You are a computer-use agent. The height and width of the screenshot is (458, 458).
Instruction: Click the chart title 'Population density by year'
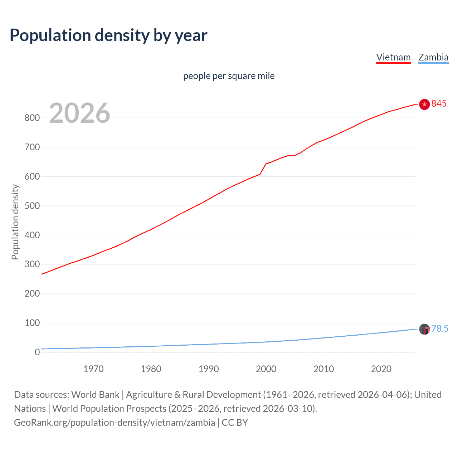point(108,35)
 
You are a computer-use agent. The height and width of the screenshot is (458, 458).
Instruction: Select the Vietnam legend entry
point(393,57)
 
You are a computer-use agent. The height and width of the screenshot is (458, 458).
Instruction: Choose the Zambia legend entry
point(433,57)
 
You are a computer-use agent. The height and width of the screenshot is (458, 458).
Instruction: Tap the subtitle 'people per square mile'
point(229,76)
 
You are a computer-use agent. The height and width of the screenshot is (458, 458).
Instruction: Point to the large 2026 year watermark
point(79,113)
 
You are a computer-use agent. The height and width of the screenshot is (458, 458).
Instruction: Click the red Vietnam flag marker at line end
point(424,104)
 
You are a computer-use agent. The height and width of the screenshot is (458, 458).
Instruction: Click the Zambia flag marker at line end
point(424,329)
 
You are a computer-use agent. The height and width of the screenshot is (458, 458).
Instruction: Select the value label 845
point(439,103)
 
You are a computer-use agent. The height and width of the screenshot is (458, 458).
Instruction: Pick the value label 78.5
point(440,328)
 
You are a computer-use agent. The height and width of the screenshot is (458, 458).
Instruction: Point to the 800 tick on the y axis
point(32,118)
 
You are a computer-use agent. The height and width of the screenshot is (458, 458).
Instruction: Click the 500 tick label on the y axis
point(32,206)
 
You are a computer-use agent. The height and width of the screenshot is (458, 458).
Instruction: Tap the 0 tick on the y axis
point(37,352)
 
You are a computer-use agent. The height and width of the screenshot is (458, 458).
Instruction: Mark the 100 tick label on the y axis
point(32,323)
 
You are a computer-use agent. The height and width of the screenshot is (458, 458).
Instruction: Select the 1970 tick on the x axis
point(93,369)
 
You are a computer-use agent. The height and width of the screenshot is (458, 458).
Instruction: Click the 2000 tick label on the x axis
point(266,369)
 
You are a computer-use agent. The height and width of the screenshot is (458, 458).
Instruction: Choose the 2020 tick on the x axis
point(381,369)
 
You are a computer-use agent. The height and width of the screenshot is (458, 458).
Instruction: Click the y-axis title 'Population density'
point(15,222)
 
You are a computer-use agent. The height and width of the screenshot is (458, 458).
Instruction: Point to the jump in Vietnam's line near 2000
point(263,169)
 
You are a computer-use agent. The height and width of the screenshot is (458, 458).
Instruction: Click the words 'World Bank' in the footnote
point(95,395)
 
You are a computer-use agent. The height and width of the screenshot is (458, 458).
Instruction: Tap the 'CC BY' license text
point(235,423)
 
